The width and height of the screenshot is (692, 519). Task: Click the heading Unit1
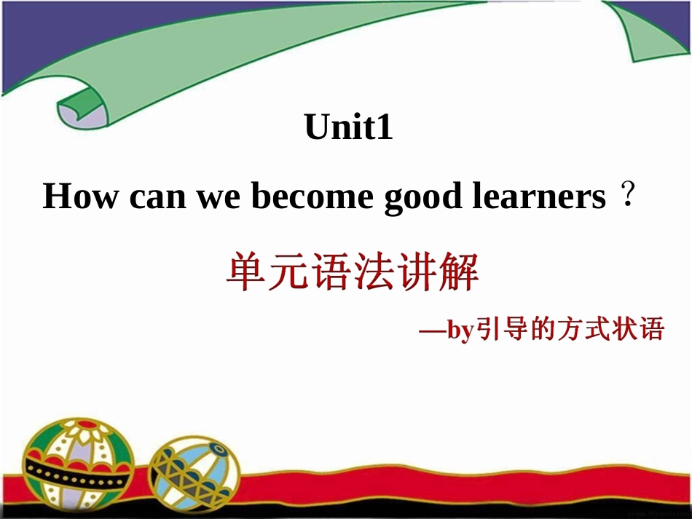[x=349, y=128]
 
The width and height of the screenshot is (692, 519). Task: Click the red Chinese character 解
[x=460, y=273]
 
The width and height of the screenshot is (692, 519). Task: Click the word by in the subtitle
[x=461, y=331]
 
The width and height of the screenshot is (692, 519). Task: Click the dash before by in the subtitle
[x=433, y=331]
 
